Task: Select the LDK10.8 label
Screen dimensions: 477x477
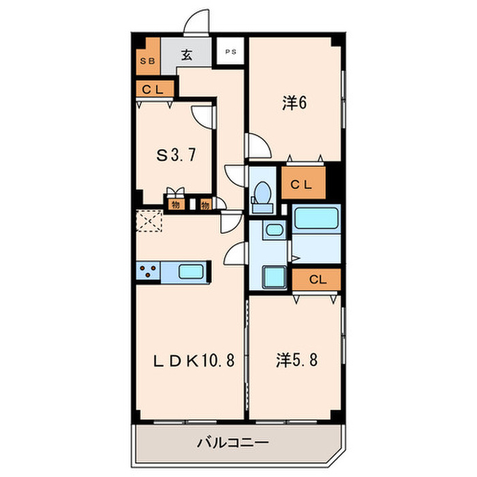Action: pyautogui.click(x=193, y=360)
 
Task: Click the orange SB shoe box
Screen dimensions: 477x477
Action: pyautogui.click(x=149, y=61)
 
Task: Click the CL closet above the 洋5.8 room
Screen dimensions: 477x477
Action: pyautogui.click(x=316, y=279)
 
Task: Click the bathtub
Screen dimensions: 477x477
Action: pyautogui.click(x=317, y=220)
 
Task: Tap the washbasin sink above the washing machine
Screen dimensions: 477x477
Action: pyautogui.click(x=275, y=230)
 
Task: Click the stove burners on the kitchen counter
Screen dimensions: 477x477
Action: pyautogui.click(x=149, y=272)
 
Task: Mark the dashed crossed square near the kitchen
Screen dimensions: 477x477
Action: pyautogui.click(x=149, y=221)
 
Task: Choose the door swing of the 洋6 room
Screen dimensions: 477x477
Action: pyautogui.click(x=257, y=146)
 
